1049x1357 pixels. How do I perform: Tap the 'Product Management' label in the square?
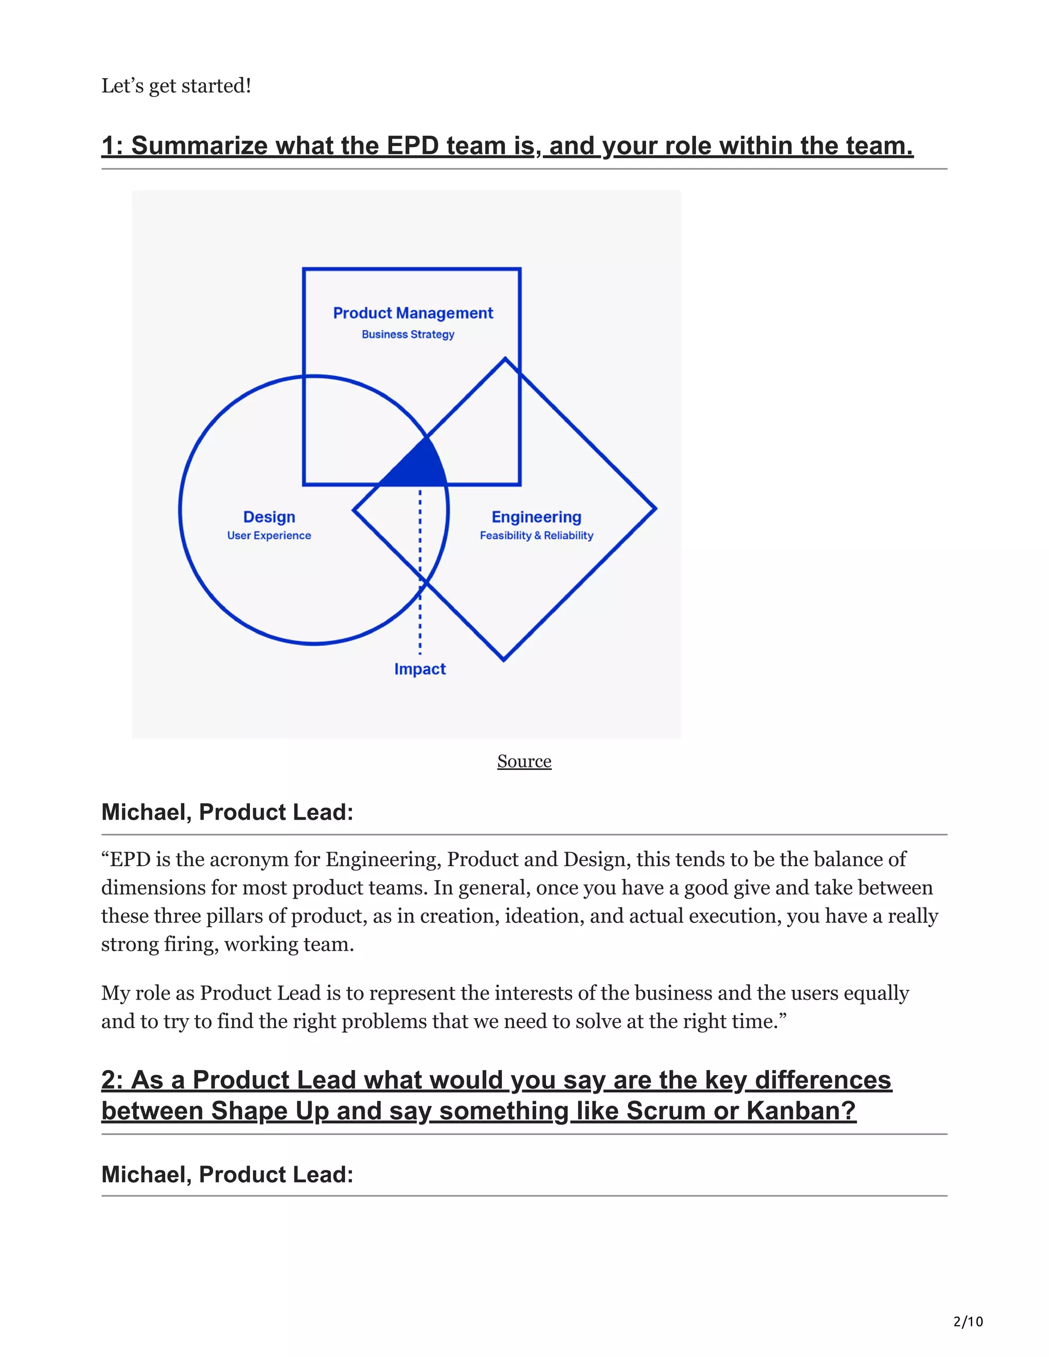tap(413, 313)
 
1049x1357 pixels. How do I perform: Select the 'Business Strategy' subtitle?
tap(408, 334)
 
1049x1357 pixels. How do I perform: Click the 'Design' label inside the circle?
tap(269, 517)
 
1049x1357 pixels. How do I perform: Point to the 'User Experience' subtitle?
tap(269, 536)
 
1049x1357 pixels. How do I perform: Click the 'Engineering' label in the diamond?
tap(536, 517)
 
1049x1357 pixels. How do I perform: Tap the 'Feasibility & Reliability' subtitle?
tap(536, 536)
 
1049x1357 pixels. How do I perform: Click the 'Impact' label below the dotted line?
tap(420, 669)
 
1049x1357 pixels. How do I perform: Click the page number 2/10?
tap(968, 1322)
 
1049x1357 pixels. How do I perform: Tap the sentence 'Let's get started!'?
tap(177, 86)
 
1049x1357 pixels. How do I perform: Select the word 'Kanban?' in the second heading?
tap(801, 1111)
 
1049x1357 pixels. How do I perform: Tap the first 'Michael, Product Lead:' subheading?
tap(227, 812)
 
